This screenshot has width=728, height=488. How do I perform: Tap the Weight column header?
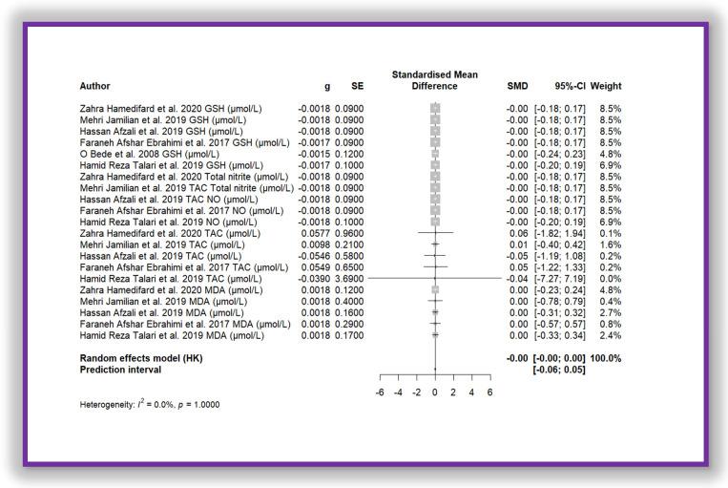[606, 86]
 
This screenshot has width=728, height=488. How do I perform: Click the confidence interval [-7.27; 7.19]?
[559, 278]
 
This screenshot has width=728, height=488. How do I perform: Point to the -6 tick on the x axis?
[381, 393]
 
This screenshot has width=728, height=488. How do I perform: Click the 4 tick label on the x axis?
[471, 393]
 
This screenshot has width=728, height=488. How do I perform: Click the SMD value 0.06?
[516, 233]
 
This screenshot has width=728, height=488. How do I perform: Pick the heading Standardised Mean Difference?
[435, 80]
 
